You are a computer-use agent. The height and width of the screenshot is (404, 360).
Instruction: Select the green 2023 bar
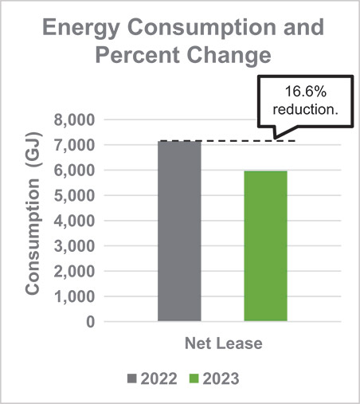(x=265, y=246)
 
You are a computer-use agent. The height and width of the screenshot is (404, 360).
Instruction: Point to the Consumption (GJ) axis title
(x=33, y=221)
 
